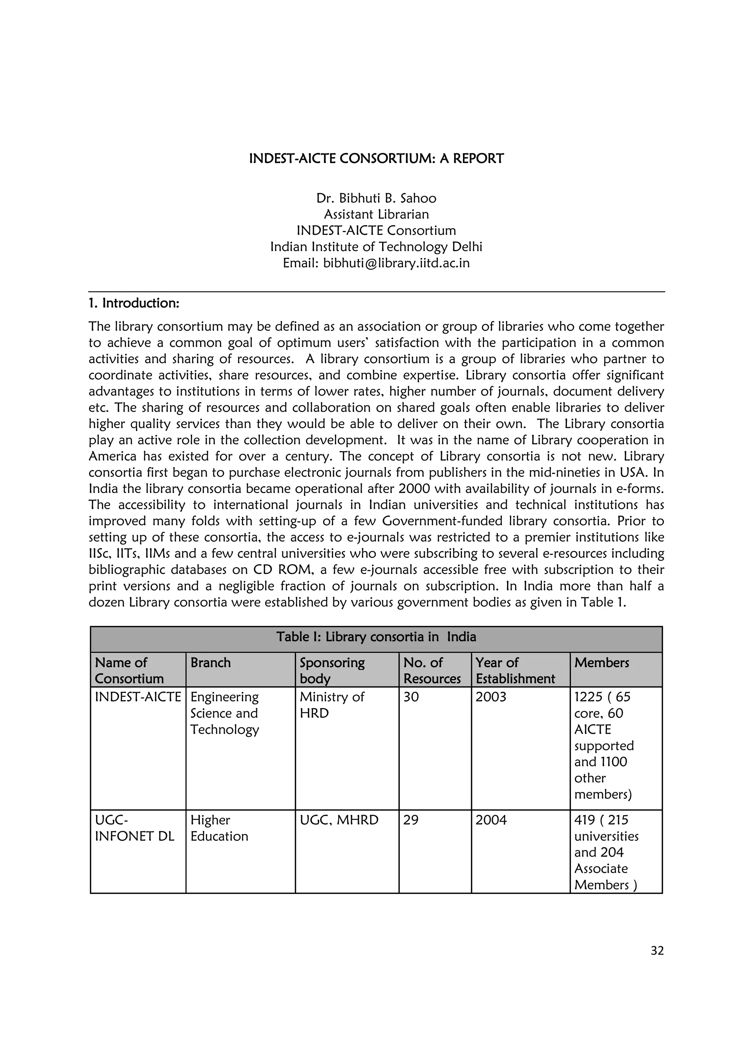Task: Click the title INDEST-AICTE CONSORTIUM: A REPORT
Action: point(376,159)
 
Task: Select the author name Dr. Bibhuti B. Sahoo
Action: point(376,198)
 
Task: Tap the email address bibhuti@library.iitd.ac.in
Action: point(396,263)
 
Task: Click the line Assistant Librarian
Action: point(376,214)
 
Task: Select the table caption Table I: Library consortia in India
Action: point(376,637)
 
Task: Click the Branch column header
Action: point(210,663)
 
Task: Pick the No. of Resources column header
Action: point(432,670)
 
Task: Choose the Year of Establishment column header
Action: point(515,670)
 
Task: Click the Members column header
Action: point(601,663)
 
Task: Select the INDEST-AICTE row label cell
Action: point(138,697)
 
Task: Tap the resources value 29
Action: point(411,820)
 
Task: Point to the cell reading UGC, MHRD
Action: point(339,820)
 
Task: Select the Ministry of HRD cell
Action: point(332,705)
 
